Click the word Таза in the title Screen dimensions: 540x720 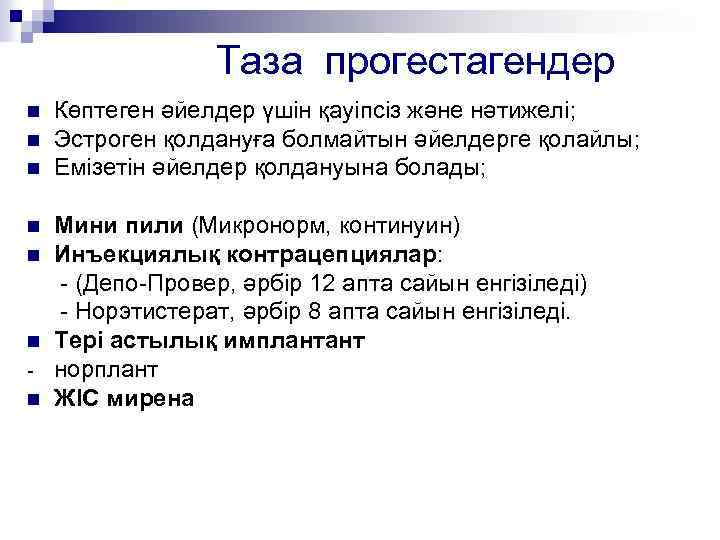pyautogui.click(x=260, y=62)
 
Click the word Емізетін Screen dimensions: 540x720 pyautogui.click(x=98, y=168)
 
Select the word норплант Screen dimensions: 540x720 pyautogui.click(x=106, y=370)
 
